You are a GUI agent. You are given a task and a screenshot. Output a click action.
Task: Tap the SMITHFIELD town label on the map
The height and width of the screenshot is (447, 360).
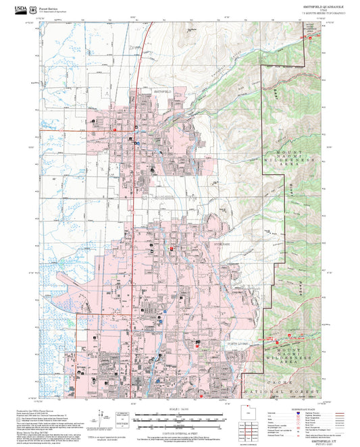click(161, 90)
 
